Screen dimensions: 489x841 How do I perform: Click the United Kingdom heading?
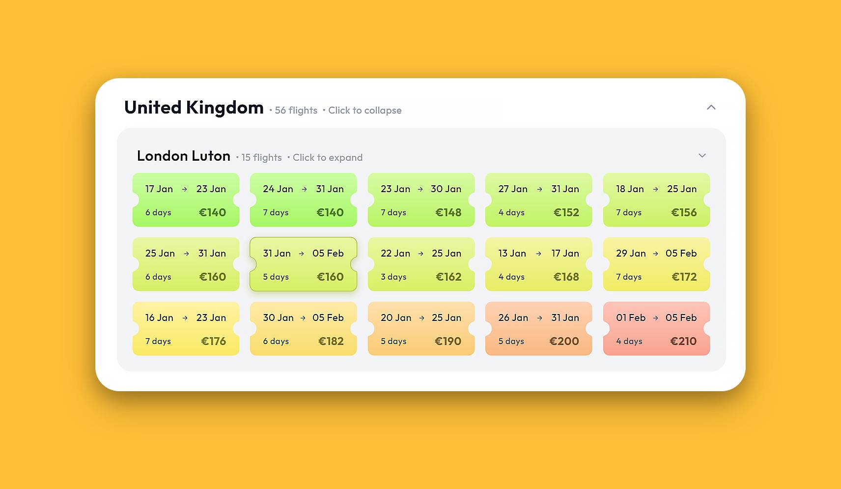(x=194, y=108)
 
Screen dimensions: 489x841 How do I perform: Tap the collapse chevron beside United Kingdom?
(x=711, y=107)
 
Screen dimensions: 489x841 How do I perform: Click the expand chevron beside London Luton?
(x=702, y=155)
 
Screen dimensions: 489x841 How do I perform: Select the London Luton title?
(x=183, y=156)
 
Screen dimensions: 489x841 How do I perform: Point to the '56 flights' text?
(x=296, y=111)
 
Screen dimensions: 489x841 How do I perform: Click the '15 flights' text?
(x=261, y=158)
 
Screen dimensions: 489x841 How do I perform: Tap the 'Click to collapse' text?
(x=364, y=111)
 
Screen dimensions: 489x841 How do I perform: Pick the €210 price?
(x=683, y=341)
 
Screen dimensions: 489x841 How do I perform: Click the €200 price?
(x=564, y=341)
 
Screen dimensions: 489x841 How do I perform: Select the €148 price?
(x=448, y=212)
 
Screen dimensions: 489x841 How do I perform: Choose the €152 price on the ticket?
(x=566, y=212)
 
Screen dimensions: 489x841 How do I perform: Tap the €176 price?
(x=213, y=341)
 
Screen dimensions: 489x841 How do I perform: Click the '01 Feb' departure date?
(x=631, y=317)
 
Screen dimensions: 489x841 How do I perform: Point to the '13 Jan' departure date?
(x=512, y=253)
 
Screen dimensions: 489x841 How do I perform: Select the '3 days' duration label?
(x=393, y=277)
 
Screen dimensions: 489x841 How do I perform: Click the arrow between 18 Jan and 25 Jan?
(x=655, y=189)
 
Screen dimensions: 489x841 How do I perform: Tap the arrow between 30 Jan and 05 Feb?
(x=303, y=318)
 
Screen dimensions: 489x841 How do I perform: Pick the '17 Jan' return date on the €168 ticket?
(x=565, y=253)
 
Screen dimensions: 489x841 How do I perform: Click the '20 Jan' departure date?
(x=396, y=317)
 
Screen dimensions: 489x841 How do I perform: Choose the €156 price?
(x=684, y=212)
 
